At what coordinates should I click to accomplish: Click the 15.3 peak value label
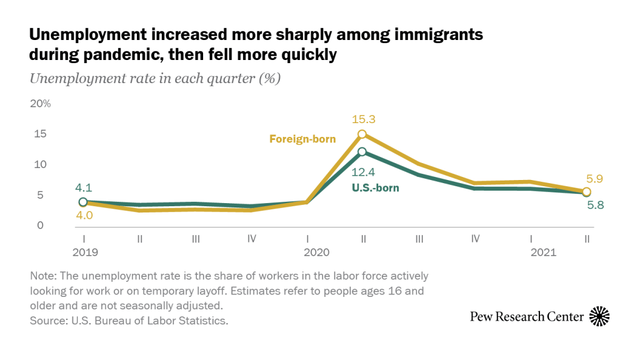363,119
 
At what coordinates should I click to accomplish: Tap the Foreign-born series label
302,139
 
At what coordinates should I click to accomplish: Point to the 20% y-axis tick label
41,103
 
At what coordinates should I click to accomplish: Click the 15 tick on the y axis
41,134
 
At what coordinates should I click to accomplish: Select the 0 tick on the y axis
41,226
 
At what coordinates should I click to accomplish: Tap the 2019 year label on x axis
86,253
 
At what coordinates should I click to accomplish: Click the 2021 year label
543,253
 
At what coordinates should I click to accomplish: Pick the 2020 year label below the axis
316,253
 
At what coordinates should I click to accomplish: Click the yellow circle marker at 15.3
362,134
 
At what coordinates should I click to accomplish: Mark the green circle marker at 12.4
362,152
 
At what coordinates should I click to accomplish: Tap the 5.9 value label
594,179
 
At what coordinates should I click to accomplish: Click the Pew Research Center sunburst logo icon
599,317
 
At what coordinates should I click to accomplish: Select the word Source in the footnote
46,321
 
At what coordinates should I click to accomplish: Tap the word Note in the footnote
41,276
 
